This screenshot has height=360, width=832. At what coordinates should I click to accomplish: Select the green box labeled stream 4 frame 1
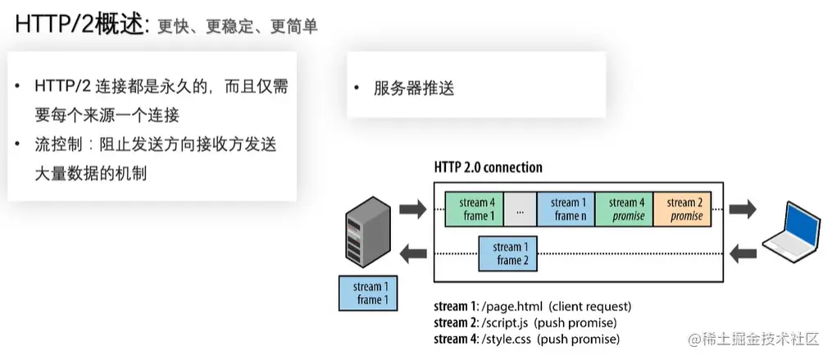[475, 209]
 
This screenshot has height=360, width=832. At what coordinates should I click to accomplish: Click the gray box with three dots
[520, 209]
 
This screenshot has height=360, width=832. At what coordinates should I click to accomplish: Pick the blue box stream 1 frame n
[566, 209]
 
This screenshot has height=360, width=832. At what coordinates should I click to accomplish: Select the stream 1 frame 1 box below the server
[369, 293]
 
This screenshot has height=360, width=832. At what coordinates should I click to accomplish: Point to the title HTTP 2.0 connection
[488, 167]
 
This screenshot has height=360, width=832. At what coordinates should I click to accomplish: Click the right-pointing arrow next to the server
[412, 209]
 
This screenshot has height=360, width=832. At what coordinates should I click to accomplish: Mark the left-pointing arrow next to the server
[412, 253]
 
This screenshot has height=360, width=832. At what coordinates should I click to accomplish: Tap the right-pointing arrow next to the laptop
[743, 209]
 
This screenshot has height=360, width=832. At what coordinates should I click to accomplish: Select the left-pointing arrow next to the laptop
[743, 253]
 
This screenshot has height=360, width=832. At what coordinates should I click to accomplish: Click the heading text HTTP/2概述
[78, 25]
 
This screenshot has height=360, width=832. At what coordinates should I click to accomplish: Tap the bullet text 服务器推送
[414, 88]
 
